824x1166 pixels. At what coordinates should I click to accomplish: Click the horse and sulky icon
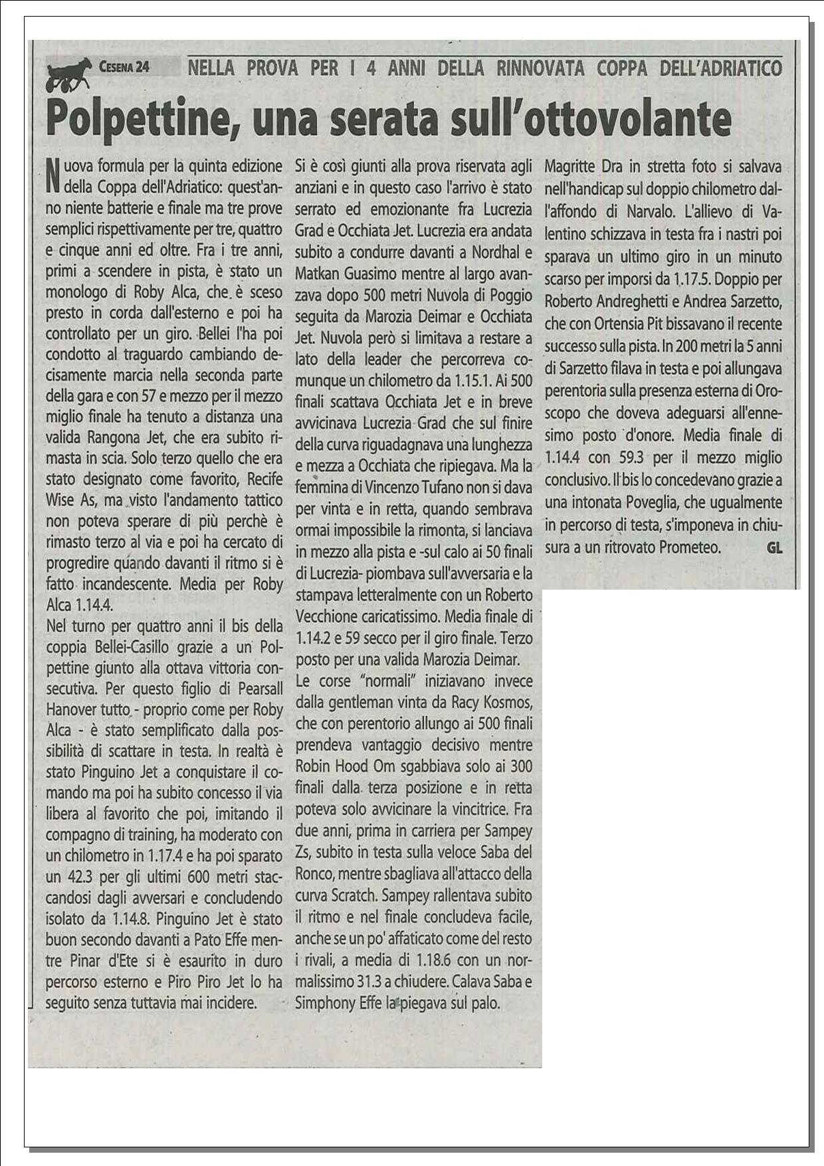[x=68, y=74]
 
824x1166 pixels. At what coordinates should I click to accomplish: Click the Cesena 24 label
[x=124, y=67]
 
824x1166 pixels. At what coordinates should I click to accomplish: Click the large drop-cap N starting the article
[x=53, y=175]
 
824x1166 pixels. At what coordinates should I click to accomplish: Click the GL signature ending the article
[x=774, y=548]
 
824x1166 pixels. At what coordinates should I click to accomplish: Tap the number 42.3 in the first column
[x=78, y=877]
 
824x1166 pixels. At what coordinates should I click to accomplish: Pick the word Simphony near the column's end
[x=324, y=1003]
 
